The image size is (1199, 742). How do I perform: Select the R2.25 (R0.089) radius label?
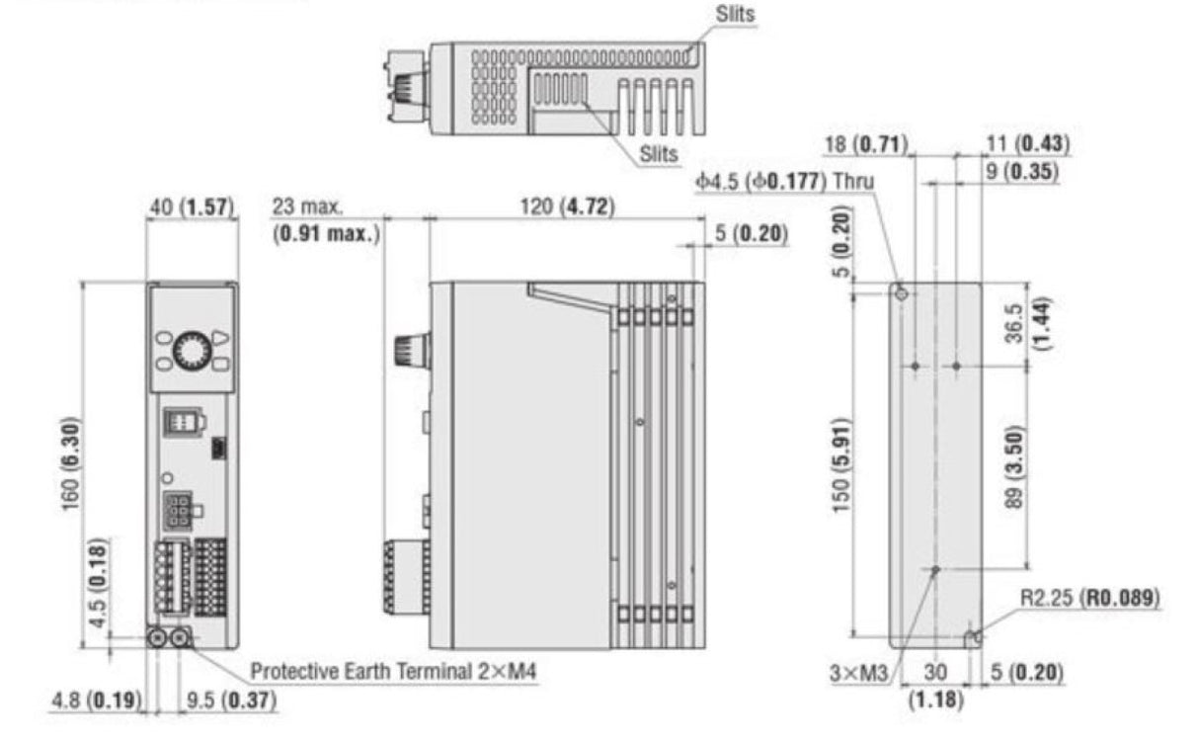click(1089, 600)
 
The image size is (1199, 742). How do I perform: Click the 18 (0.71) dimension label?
click(866, 145)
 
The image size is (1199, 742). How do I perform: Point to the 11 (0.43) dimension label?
click(1028, 145)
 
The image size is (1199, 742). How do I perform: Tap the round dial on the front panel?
click(192, 351)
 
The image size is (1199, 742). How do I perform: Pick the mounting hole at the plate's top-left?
click(901, 293)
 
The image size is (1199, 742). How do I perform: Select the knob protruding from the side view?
click(406, 349)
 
